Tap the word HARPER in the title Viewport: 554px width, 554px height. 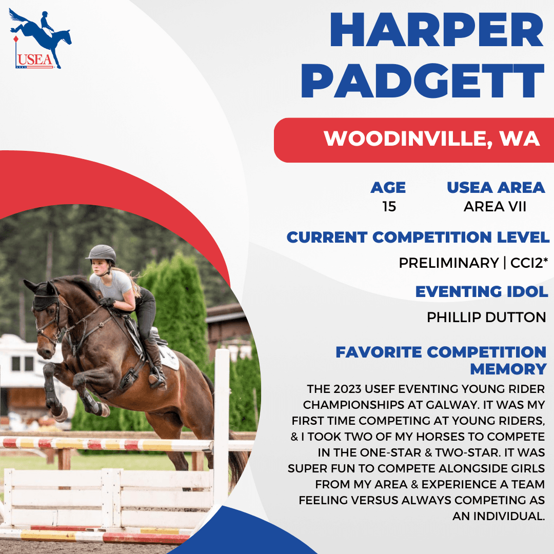point(437,30)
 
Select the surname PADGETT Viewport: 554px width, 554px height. point(422,81)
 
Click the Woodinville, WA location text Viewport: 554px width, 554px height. point(431,138)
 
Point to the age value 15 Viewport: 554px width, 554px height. point(389,206)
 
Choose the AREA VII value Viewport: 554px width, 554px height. point(494,206)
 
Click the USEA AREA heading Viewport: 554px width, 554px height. point(496,188)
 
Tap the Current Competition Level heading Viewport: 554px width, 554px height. point(418,237)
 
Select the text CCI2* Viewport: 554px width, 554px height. point(529,263)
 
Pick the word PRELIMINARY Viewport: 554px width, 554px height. point(448,263)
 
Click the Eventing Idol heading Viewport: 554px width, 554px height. point(482,291)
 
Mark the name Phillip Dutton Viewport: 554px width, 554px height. point(486,318)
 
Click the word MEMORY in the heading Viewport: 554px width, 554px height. point(508,369)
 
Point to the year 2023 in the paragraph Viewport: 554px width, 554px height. point(347,389)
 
